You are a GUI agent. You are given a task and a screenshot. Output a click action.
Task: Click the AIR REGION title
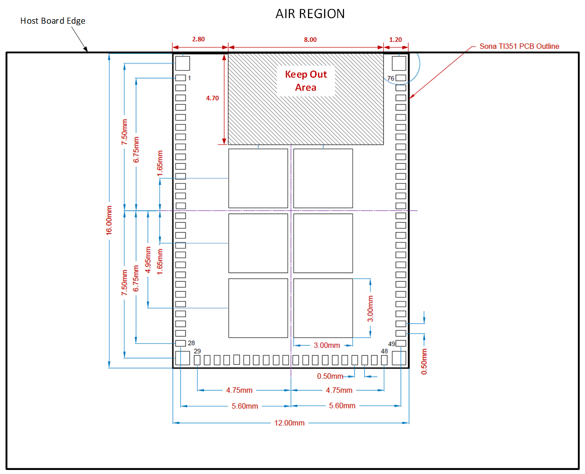(310, 14)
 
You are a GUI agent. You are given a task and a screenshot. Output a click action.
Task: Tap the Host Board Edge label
(52, 21)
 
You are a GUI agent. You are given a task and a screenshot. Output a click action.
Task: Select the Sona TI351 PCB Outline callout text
(519, 46)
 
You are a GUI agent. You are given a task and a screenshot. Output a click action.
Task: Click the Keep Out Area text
(306, 81)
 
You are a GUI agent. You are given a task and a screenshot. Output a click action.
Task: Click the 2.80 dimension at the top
(199, 39)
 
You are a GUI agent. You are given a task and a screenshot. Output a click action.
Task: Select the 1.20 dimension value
(396, 39)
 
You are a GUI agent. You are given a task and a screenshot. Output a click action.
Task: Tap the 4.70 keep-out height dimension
(212, 99)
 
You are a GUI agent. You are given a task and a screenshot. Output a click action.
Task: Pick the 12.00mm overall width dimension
(290, 423)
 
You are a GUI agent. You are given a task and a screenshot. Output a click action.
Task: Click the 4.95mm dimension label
(148, 260)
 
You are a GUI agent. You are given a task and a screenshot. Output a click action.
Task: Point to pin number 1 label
(189, 78)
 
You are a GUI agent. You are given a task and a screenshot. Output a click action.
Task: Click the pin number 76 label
(391, 78)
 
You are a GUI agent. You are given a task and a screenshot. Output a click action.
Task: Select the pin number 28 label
(191, 343)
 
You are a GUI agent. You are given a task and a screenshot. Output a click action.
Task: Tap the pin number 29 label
(197, 351)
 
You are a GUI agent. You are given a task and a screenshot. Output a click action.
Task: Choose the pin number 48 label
(384, 351)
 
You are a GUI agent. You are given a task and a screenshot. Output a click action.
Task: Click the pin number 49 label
(392, 343)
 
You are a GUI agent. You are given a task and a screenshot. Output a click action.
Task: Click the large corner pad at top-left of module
(182, 64)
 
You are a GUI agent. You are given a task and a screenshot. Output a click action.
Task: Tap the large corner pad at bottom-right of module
(399, 358)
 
